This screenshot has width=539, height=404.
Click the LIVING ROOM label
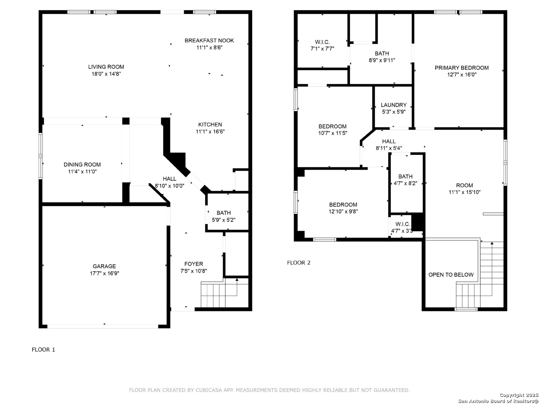[x=106, y=67]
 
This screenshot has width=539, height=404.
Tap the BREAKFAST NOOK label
[x=209, y=40]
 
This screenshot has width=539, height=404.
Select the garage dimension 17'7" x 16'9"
[x=104, y=273]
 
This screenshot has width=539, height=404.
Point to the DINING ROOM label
[x=82, y=165]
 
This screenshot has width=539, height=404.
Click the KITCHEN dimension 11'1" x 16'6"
[x=210, y=131]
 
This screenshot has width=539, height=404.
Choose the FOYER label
[x=194, y=264]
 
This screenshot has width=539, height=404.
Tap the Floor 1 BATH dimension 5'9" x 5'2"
[x=223, y=220]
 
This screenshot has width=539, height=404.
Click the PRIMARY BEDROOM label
[x=462, y=68]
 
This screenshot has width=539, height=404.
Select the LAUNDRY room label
[x=393, y=105]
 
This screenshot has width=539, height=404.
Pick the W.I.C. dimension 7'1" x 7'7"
[x=322, y=49]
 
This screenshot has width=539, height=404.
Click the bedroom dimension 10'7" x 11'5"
[x=332, y=133]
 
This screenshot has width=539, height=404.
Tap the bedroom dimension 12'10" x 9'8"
[x=343, y=211]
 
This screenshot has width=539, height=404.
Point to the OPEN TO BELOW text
[x=451, y=275]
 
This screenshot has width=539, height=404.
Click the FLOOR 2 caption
[x=299, y=263]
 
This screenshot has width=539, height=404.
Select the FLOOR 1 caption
[x=43, y=349]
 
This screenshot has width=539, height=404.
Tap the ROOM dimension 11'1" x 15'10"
[x=465, y=192]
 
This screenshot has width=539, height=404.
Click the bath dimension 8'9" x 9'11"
[x=381, y=60]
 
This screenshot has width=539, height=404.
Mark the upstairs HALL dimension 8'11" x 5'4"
[x=389, y=148]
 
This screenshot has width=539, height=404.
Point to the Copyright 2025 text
[x=519, y=395]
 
